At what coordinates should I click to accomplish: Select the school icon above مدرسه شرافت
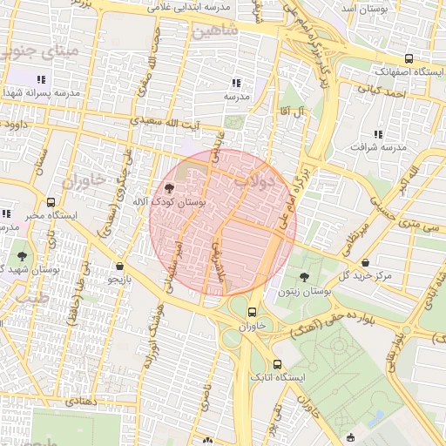coord(378,134)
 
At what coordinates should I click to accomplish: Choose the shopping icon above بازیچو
coord(119,267)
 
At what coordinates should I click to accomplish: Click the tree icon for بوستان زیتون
coord(303,276)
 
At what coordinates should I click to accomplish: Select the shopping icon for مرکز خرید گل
coord(365,262)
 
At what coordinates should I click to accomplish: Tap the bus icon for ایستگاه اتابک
coord(277,364)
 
